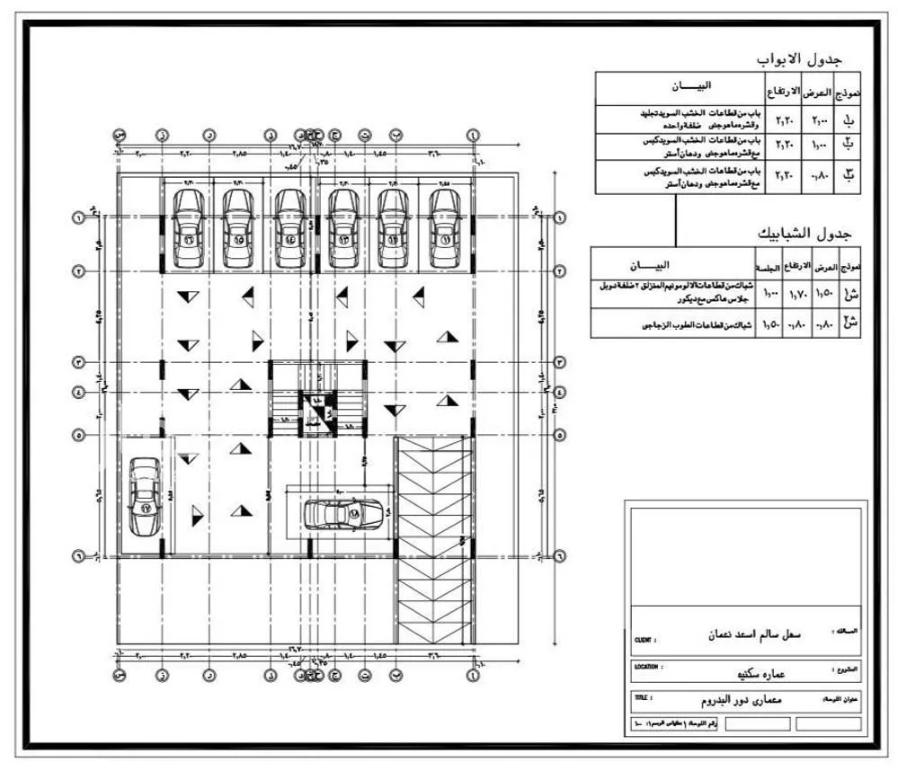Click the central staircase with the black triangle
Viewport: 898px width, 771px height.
pos(316,410)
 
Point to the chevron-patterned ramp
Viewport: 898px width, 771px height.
pos(433,539)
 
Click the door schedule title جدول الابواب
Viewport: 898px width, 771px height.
pos(798,59)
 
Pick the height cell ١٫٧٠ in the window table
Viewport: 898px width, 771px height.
pos(797,294)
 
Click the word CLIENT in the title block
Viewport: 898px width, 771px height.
pos(645,641)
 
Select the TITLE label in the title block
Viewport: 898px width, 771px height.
pos(642,697)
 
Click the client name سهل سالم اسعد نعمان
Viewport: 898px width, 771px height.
pos(749,634)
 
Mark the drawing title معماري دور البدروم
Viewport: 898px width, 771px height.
pos(742,699)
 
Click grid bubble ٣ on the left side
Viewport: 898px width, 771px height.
pos(78,361)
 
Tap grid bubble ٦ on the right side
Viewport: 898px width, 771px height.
pos(561,555)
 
